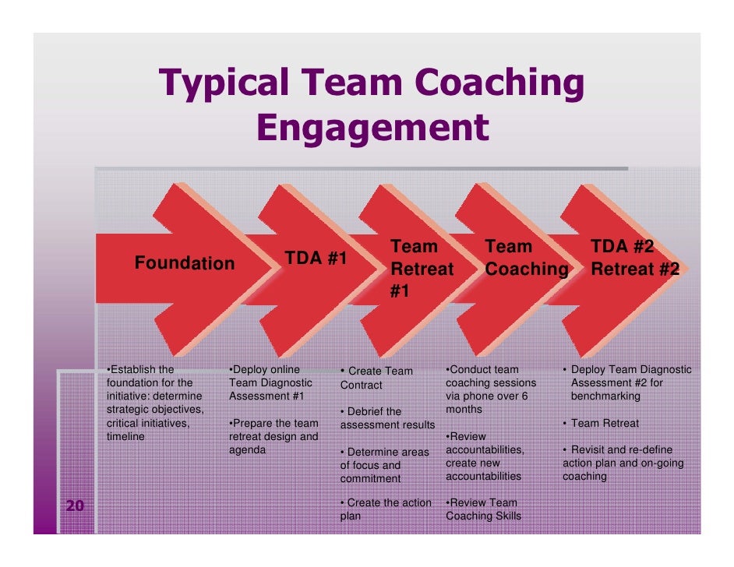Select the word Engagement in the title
tap(372, 128)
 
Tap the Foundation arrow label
tap(185, 264)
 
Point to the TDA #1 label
tap(316, 258)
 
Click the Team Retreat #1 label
tap(422, 269)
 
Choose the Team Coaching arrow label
tap(526, 259)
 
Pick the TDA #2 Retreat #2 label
tap(634, 259)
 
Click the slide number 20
tap(75, 507)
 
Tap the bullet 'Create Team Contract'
tap(376, 378)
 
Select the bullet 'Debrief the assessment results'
tap(387, 418)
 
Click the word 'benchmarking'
tap(605, 396)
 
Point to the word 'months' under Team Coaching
tap(464, 410)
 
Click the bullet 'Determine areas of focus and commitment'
tap(384, 465)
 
